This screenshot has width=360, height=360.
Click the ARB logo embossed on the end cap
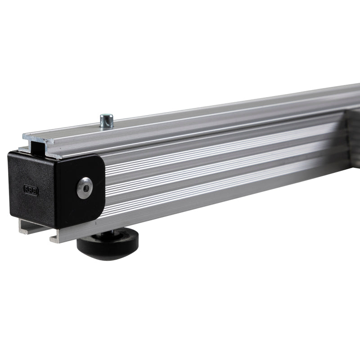pyautogui.click(x=31, y=190)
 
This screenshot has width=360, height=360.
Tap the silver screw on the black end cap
pyautogui.click(x=84, y=187)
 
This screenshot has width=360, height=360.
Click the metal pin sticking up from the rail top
pyautogui.click(x=107, y=121)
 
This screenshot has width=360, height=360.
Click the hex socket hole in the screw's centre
pyautogui.click(x=84, y=187)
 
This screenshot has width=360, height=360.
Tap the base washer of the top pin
pyautogui.click(x=107, y=126)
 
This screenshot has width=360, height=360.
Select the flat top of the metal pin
pyautogui.click(x=107, y=116)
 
